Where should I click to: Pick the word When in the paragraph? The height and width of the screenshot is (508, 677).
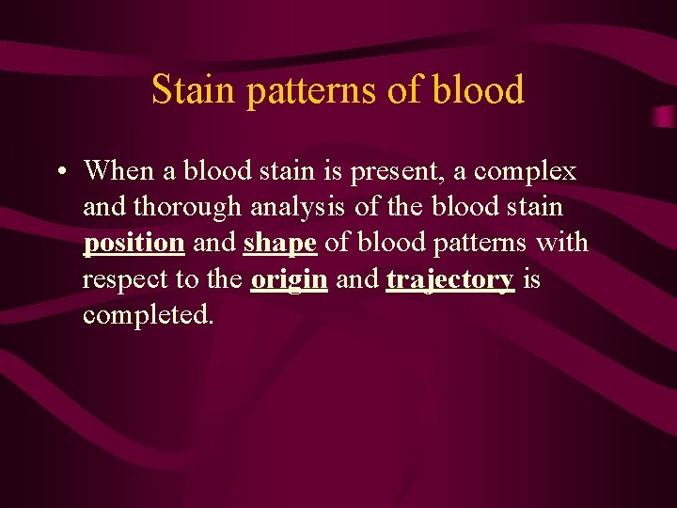[118, 170]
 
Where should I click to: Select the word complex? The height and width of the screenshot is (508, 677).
[526, 172]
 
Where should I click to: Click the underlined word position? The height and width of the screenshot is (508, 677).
[134, 244]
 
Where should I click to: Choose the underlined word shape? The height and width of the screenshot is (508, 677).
[281, 244]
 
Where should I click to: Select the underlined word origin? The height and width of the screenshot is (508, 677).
[289, 279]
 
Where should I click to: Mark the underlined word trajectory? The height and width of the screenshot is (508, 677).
[449, 279]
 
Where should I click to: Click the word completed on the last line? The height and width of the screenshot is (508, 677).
[148, 314]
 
